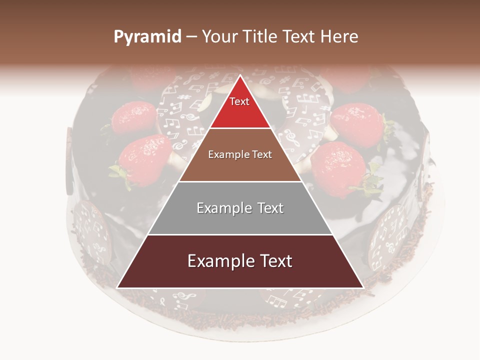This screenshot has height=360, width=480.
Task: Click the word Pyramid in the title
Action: click(x=147, y=37)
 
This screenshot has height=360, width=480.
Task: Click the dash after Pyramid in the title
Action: click(x=191, y=37)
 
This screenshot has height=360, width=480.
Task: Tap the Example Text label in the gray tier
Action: click(x=240, y=208)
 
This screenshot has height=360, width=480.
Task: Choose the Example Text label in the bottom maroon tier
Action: click(x=240, y=261)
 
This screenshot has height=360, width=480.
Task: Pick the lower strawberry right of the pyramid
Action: click(x=338, y=167)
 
